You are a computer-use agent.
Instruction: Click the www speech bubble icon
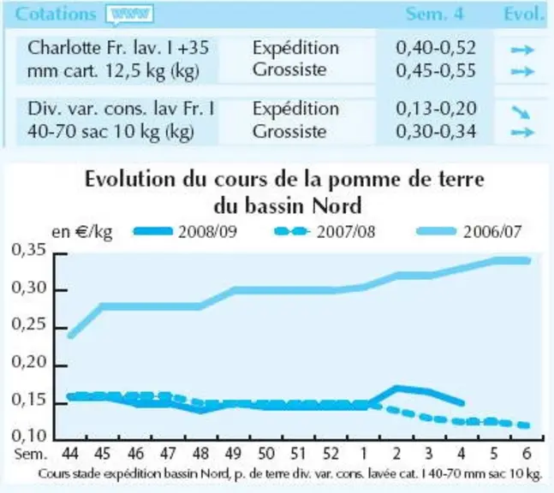coord(129,15)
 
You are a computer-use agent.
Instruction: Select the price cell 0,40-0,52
coord(436,48)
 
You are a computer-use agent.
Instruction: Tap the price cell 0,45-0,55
coord(436,70)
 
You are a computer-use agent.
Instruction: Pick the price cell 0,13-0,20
coord(436,109)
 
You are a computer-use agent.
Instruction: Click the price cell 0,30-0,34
coord(436,131)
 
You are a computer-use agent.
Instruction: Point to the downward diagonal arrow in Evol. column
coord(521,113)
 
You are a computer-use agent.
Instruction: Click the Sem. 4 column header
coord(434,15)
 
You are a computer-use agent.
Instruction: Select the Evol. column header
coord(524,15)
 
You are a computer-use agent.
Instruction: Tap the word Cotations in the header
coord(56,15)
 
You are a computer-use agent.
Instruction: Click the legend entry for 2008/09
coord(185,232)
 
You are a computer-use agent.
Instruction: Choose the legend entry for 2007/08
coord(325,232)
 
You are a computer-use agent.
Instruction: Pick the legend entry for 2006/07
coord(469,232)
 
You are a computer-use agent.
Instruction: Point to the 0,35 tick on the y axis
coord(30,250)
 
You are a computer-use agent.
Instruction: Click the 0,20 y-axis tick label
coord(30,362)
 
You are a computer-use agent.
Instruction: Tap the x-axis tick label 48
coord(200,454)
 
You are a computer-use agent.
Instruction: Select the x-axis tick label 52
coord(331,454)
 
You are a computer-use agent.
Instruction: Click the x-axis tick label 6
coord(527,454)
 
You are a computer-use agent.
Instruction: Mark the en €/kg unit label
coord(82,232)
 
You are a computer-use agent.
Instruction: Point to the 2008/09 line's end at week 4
coord(462,403)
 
